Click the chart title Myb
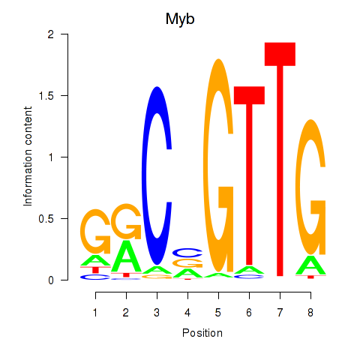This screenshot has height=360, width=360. click(180, 19)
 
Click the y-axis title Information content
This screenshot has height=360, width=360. click(28, 157)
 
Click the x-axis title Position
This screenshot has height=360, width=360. click(202, 333)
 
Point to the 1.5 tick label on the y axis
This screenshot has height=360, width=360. click(46, 95)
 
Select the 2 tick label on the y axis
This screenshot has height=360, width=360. click(51, 34)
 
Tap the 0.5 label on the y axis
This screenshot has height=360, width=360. click(46, 219)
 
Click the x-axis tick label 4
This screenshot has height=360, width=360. click(187, 313)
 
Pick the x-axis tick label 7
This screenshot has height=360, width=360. click(280, 313)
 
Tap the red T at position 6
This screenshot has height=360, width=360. click(249, 175)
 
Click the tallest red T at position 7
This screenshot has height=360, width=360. click(280, 160)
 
